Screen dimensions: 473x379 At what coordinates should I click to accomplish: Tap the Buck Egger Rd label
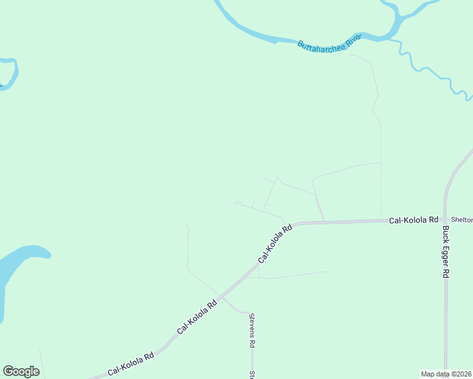tap(446, 252)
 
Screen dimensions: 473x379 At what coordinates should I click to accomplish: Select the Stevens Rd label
tap(252, 331)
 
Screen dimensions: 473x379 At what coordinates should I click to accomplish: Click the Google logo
tap(21, 371)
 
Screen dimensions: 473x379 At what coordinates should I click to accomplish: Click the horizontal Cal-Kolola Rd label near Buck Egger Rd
tap(414, 220)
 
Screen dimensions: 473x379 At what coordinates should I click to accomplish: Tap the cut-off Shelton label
tap(462, 220)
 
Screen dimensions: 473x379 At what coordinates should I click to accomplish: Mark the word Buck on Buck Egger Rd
tap(446, 235)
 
